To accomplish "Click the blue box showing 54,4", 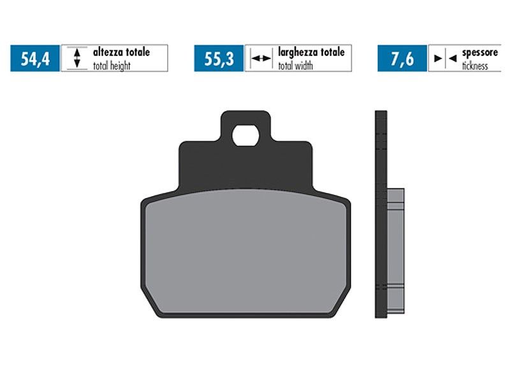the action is pyautogui.click(x=35, y=58).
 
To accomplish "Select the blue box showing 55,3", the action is pyautogui.click(x=219, y=58).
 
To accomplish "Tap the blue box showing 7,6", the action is pyautogui.click(x=402, y=58).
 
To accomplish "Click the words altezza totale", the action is pyautogui.click(x=121, y=52).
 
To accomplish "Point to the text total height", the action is pyautogui.click(x=112, y=66).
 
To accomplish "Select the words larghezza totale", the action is pyautogui.click(x=311, y=52).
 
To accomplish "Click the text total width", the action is pyautogui.click(x=295, y=66).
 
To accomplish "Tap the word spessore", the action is pyautogui.click(x=480, y=53).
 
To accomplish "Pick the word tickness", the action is pyautogui.click(x=475, y=66).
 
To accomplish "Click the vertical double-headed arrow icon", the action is pyautogui.click(x=76, y=58).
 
